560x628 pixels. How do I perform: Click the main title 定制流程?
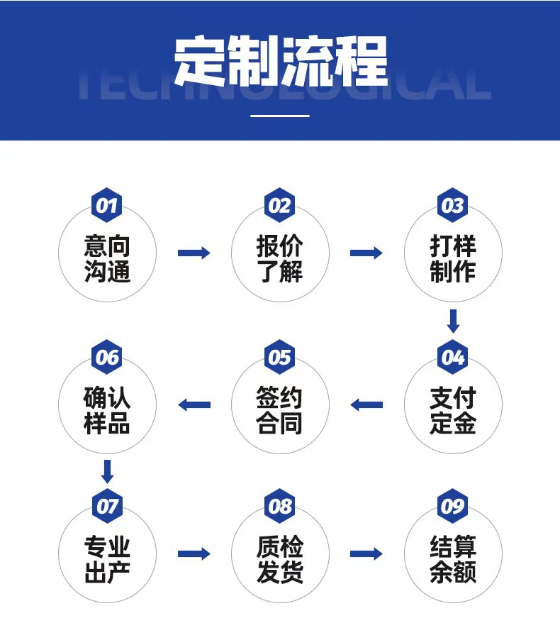(280, 60)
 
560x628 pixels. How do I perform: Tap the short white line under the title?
(280, 115)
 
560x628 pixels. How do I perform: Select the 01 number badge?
(106, 206)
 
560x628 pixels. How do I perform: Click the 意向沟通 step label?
(107, 259)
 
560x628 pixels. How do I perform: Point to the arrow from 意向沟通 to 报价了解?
(194, 253)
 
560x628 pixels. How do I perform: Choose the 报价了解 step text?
(280, 259)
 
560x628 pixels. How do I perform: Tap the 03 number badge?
(452, 206)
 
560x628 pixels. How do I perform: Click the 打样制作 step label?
(453, 259)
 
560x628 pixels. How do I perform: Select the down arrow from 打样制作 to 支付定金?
(453, 321)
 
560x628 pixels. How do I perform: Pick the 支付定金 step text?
(453, 410)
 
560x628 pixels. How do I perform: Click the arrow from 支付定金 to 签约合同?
(366, 405)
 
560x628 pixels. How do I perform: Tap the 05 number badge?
(280, 357)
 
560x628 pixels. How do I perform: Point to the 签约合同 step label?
(280, 410)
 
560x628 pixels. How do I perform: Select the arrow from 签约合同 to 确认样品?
(194, 405)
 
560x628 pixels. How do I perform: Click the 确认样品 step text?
(107, 410)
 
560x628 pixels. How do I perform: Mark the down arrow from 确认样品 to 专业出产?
(107, 471)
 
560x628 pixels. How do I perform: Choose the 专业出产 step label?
(107, 560)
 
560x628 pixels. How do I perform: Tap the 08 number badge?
(280, 507)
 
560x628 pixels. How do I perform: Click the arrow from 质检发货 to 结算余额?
(366, 553)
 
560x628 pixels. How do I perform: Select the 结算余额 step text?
(453, 560)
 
